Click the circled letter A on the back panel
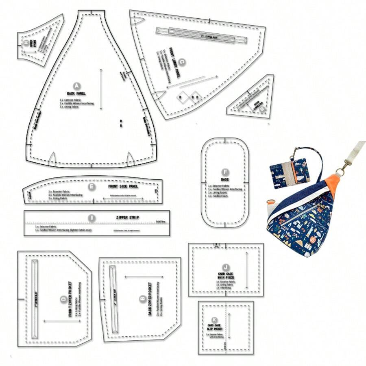(x=76, y=86)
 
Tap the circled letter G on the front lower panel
(x=182, y=62)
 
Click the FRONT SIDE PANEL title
(x=123, y=187)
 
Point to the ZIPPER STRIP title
(x=127, y=218)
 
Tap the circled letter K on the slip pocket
(x=214, y=320)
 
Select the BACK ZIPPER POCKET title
(x=150, y=299)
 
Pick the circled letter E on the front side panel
(x=91, y=187)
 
